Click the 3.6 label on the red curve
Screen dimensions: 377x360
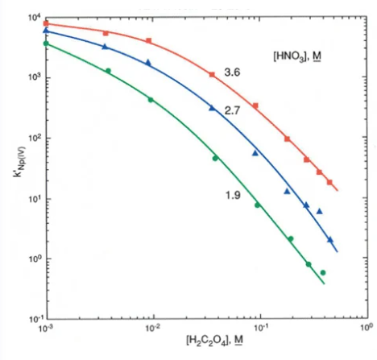click(232, 72)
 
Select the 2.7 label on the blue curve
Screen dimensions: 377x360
click(232, 110)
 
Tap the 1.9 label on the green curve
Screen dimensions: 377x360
click(233, 195)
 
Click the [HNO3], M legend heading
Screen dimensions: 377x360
click(297, 57)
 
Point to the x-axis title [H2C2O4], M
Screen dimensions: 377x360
click(214, 341)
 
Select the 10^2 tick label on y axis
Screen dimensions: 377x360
click(34, 139)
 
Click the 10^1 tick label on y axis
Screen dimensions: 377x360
click(34, 199)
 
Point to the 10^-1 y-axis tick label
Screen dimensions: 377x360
click(34, 320)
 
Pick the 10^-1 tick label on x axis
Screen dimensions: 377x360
click(259, 328)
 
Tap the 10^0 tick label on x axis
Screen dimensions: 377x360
click(367, 328)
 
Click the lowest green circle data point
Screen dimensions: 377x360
click(323, 273)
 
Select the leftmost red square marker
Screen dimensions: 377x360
click(46, 23)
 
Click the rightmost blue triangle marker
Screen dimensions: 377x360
click(330, 240)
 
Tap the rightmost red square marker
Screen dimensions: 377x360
click(329, 182)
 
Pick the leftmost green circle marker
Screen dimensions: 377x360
click(46, 43)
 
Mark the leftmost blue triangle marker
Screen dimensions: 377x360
click(46, 31)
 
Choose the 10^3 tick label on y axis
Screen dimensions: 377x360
click(34, 78)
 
